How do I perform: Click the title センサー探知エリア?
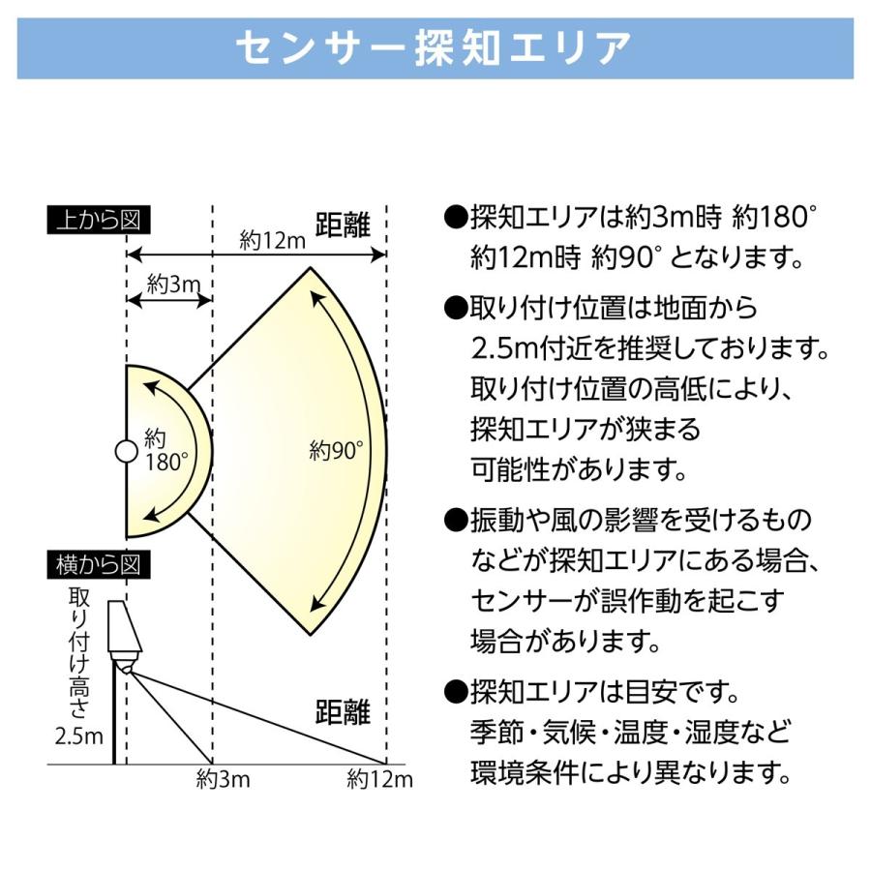(x=435, y=46)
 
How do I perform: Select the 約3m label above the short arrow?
(x=172, y=284)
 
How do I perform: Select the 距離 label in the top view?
(x=343, y=225)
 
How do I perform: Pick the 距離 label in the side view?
(x=343, y=713)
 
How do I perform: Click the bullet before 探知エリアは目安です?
(x=455, y=693)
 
